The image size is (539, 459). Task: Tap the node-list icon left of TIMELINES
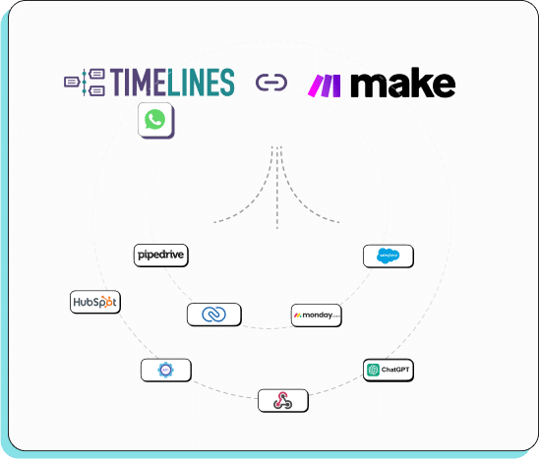pyautogui.click(x=85, y=83)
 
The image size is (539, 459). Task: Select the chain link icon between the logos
pyautogui.click(x=270, y=84)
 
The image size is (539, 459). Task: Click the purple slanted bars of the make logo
pyautogui.click(x=325, y=86)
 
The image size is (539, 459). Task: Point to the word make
pyautogui.click(x=402, y=85)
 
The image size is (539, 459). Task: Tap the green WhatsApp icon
pyautogui.click(x=155, y=120)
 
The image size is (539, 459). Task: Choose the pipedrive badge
pyautogui.click(x=160, y=256)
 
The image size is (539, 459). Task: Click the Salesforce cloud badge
pyautogui.click(x=389, y=257)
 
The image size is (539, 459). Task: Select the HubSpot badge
pyautogui.click(x=95, y=302)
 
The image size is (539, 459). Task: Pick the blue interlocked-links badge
pyautogui.click(x=214, y=315)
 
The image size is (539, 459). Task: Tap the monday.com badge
pyautogui.click(x=317, y=316)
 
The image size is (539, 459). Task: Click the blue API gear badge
pyautogui.click(x=165, y=371)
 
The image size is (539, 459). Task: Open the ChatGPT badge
pyautogui.click(x=388, y=371)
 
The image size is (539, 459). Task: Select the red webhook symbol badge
pyautogui.click(x=283, y=400)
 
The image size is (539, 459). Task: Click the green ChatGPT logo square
pyautogui.click(x=374, y=371)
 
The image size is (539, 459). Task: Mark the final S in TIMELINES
pyautogui.click(x=226, y=83)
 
